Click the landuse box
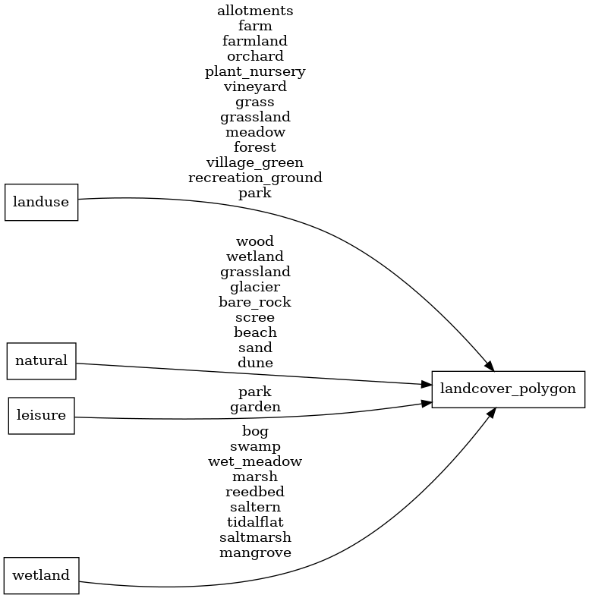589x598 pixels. [x=42, y=202]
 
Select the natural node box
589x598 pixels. [x=42, y=360]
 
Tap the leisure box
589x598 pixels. [x=42, y=415]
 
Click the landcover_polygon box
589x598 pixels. [x=508, y=389]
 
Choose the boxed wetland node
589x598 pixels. [x=42, y=575]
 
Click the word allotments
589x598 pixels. [x=255, y=11]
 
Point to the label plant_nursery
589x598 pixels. [x=255, y=71]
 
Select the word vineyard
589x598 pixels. [x=255, y=87]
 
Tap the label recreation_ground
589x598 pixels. [x=255, y=178]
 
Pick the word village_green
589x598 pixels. [x=255, y=162]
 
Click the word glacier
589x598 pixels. [x=255, y=287]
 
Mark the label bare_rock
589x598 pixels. [x=255, y=302]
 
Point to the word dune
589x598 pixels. [x=255, y=363]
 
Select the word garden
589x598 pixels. [x=255, y=407]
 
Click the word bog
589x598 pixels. [x=255, y=431]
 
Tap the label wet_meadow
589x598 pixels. [x=255, y=461]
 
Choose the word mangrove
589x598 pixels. [x=255, y=552]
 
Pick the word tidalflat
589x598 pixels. [x=255, y=522]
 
